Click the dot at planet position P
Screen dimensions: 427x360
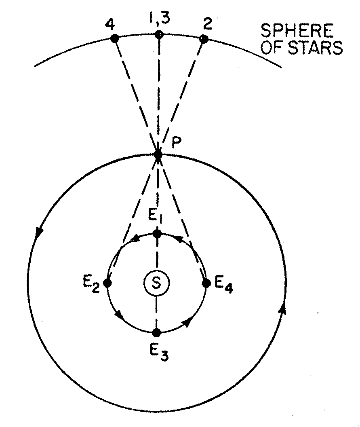pos(158,154)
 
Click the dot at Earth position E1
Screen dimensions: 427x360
pos(157,234)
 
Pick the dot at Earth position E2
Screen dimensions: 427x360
pos(107,283)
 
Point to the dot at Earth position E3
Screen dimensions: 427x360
pos(157,333)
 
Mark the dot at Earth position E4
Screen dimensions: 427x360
pos(206,283)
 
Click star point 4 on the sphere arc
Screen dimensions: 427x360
pos(114,38)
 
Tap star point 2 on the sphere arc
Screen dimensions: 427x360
pos(204,39)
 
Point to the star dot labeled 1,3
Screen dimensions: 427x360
pos(159,35)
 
